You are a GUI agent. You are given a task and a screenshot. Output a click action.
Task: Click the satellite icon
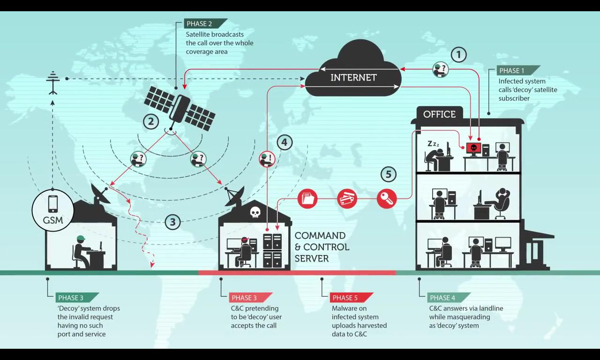pos(180,108)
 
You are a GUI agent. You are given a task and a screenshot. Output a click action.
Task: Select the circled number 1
pos(459,55)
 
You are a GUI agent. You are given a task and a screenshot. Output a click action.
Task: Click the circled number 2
pos(151,122)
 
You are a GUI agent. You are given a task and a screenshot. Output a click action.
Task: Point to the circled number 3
pos(172,221)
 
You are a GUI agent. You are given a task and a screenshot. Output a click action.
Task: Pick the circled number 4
pos(284,142)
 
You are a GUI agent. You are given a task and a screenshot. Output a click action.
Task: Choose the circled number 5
pos(388,174)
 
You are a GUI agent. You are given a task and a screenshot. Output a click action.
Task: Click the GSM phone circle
pos(53,210)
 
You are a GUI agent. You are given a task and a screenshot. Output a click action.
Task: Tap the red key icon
pos(387,199)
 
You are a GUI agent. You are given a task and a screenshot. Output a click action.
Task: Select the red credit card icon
pos(347,199)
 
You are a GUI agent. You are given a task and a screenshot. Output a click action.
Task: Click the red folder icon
pos(307,199)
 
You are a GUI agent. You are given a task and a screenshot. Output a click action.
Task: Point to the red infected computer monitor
pos(473,149)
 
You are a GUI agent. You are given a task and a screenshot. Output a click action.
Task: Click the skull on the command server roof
pos(255,212)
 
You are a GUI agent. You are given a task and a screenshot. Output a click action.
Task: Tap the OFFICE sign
pos(439,114)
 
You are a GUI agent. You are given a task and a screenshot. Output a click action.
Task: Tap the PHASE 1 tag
pos(516,71)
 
